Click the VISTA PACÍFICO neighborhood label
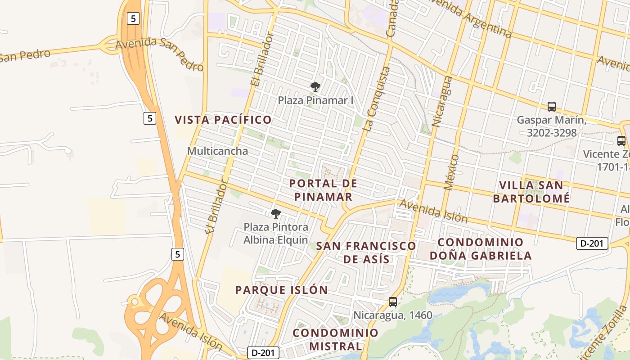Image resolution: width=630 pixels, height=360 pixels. pyautogui.click(x=223, y=120)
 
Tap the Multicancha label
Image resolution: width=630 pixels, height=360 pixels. pyautogui.click(x=217, y=151)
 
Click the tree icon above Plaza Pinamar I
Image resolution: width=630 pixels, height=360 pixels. pyautogui.click(x=315, y=87)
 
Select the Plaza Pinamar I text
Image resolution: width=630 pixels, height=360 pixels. pyautogui.click(x=315, y=100)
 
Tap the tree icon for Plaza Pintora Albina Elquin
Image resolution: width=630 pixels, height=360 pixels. pyautogui.click(x=276, y=214)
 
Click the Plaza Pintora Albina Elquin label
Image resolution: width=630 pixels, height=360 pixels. pyautogui.click(x=276, y=233)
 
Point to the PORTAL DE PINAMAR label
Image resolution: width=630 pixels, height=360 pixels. pyautogui.click(x=323, y=190)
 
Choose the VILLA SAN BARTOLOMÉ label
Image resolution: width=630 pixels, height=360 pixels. pyautogui.click(x=531, y=192)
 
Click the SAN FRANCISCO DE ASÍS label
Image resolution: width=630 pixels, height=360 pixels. pyautogui.click(x=366, y=252)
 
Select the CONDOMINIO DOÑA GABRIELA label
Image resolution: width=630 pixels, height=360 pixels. pyautogui.click(x=481, y=249)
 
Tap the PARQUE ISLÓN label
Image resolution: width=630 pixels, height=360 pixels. pyautogui.click(x=282, y=290)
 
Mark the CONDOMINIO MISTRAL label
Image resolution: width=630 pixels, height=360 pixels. pyautogui.click(x=336, y=339)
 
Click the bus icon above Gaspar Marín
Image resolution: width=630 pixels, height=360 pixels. pyautogui.click(x=552, y=107)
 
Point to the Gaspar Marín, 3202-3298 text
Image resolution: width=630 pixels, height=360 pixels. pyautogui.click(x=551, y=126)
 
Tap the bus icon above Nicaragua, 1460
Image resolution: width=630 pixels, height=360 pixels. pyautogui.click(x=393, y=302)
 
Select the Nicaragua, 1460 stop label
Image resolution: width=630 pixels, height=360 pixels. pyautogui.click(x=393, y=315)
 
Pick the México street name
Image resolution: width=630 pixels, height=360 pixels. pyautogui.click(x=451, y=172)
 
